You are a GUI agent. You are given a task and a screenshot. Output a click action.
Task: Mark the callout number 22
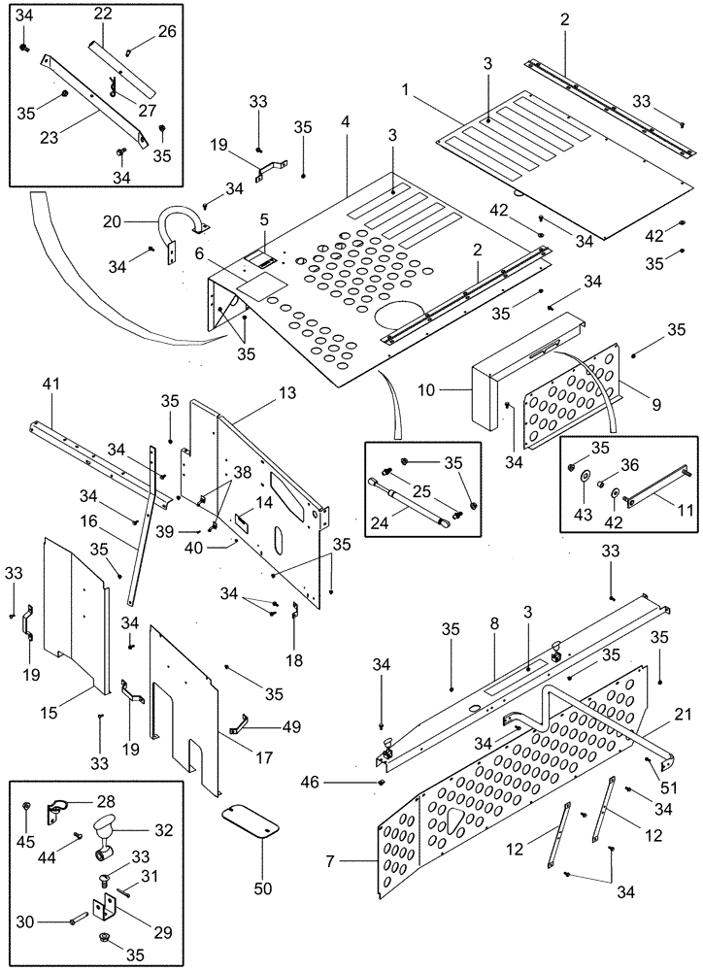coord(102,13)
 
